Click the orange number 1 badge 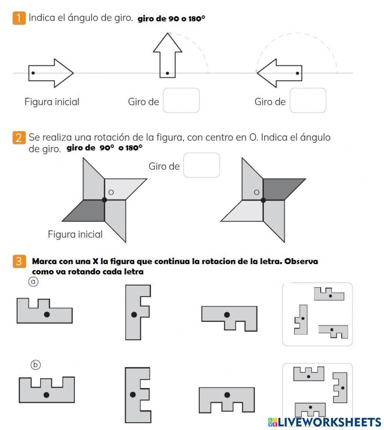click(x=19, y=18)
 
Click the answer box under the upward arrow click(x=181, y=101)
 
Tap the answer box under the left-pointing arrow click(x=308, y=101)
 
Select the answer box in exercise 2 click(x=202, y=165)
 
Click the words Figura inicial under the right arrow click(x=52, y=102)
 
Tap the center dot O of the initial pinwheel click(x=104, y=200)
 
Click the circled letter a click(x=34, y=282)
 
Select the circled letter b click(x=35, y=365)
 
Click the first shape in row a click(x=44, y=311)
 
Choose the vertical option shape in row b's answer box click(x=340, y=387)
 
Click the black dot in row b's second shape click(x=133, y=394)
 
